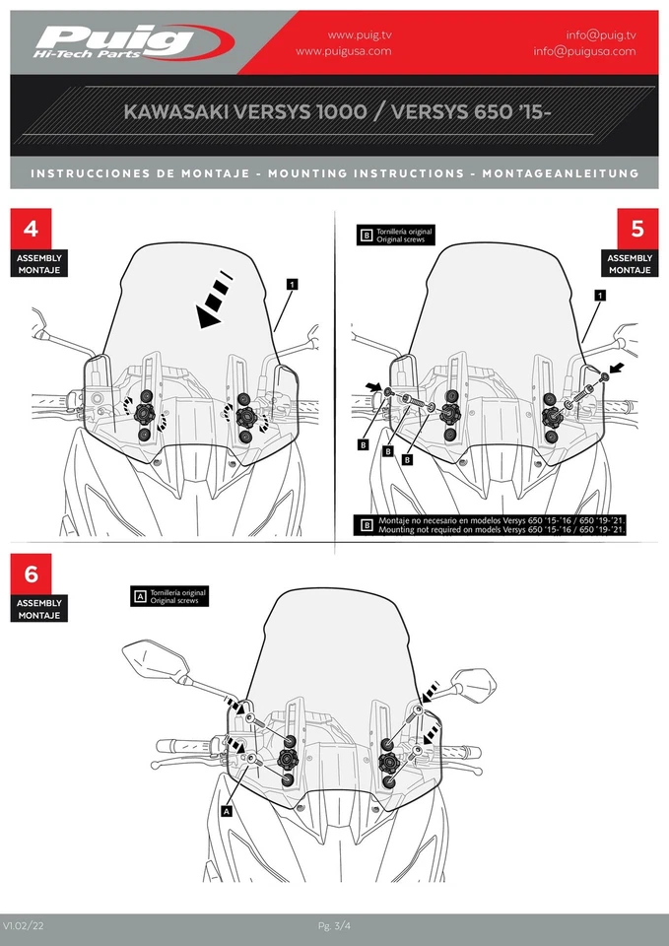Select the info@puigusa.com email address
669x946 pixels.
pos(584,51)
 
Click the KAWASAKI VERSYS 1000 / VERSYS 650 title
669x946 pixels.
pos(337,112)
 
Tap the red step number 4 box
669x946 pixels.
pos(32,229)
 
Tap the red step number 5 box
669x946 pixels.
pos(636,229)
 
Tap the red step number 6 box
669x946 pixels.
pos(32,574)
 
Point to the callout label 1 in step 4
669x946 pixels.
pos(293,283)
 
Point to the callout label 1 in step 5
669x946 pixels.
pos(600,295)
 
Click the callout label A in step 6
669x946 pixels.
pos(227,811)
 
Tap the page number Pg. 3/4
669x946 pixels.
pos(334,925)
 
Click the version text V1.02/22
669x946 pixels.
pos(24,925)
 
